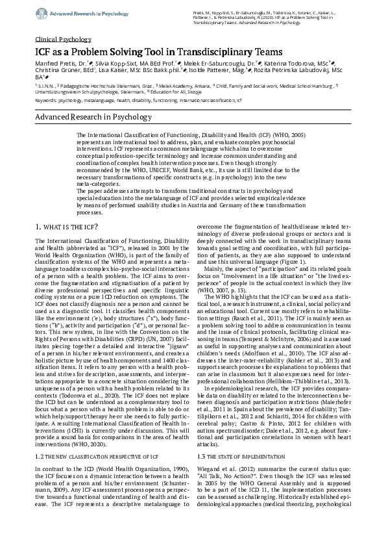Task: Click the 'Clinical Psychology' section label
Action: pos(63,39)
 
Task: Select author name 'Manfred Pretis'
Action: pos(55,66)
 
